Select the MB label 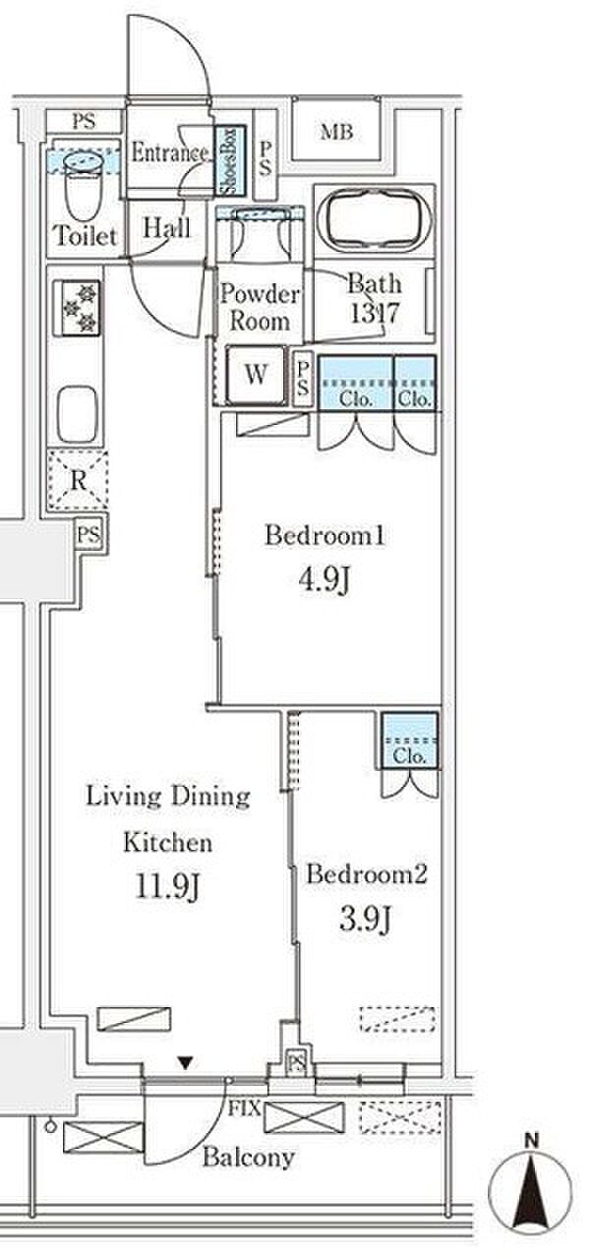point(337,132)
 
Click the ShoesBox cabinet point(230,160)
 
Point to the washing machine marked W point(256,376)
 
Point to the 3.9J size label point(365,920)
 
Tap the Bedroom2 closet point(409,741)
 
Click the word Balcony point(248,1158)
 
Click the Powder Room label point(260,308)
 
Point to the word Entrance point(169,152)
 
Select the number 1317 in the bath point(374,313)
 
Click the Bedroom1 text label point(325,535)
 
